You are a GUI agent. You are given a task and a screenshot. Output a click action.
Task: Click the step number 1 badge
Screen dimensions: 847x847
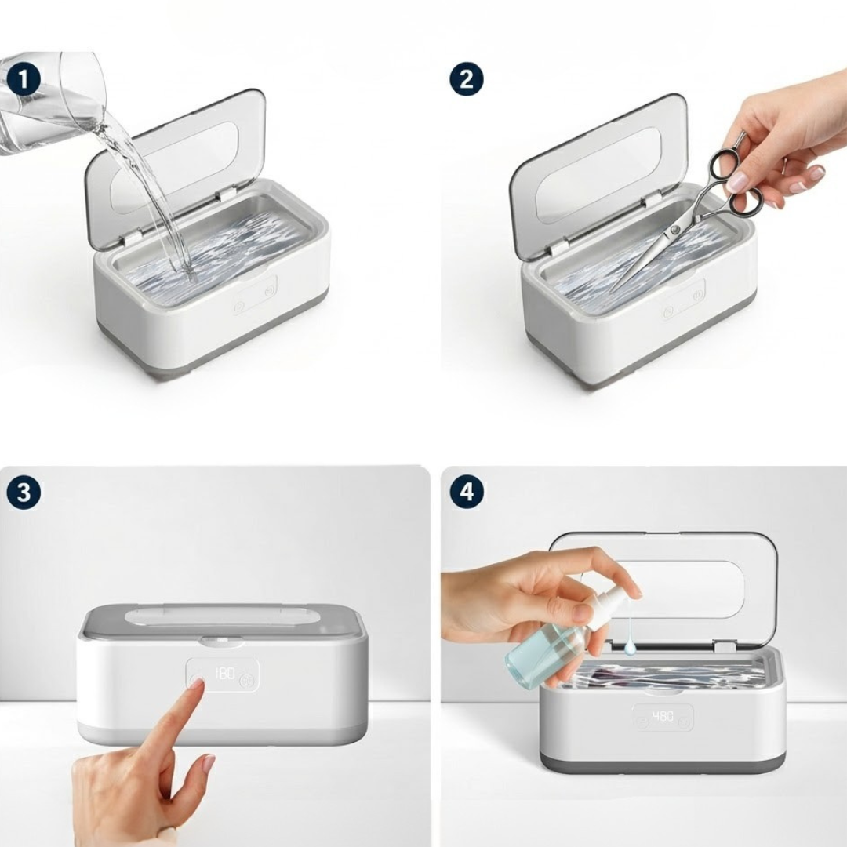point(24,79)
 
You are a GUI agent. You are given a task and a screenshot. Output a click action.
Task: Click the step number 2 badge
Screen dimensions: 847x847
point(466,79)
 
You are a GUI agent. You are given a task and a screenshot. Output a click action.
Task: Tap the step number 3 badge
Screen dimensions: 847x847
point(24,492)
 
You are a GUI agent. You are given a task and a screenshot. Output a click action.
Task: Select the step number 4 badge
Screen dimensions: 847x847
point(466,492)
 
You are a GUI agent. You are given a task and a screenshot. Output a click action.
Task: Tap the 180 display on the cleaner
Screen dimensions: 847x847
point(225,673)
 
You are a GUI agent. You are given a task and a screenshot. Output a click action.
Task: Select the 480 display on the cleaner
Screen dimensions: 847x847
point(663,716)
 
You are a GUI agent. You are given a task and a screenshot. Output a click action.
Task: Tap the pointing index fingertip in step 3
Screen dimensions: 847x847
point(197,685)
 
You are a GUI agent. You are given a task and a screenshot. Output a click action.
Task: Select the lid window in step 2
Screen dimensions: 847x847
point(598,176)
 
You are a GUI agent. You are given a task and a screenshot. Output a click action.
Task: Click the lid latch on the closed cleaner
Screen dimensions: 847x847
point(221,642)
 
